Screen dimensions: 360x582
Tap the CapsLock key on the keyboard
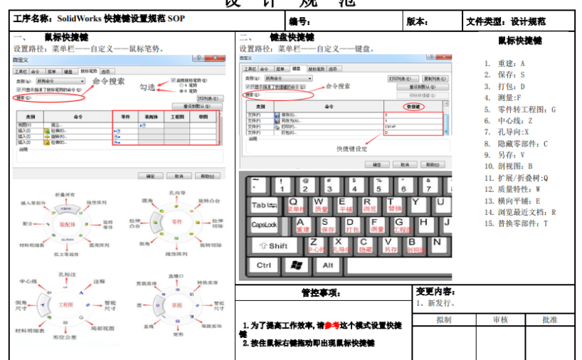264,225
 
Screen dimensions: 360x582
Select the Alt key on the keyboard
327,265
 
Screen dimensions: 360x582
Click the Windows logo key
295,265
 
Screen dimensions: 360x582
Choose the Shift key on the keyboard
271,245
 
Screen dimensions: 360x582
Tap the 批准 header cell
549,320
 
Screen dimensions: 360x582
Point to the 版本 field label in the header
418,21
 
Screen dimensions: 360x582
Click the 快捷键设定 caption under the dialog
351,149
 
